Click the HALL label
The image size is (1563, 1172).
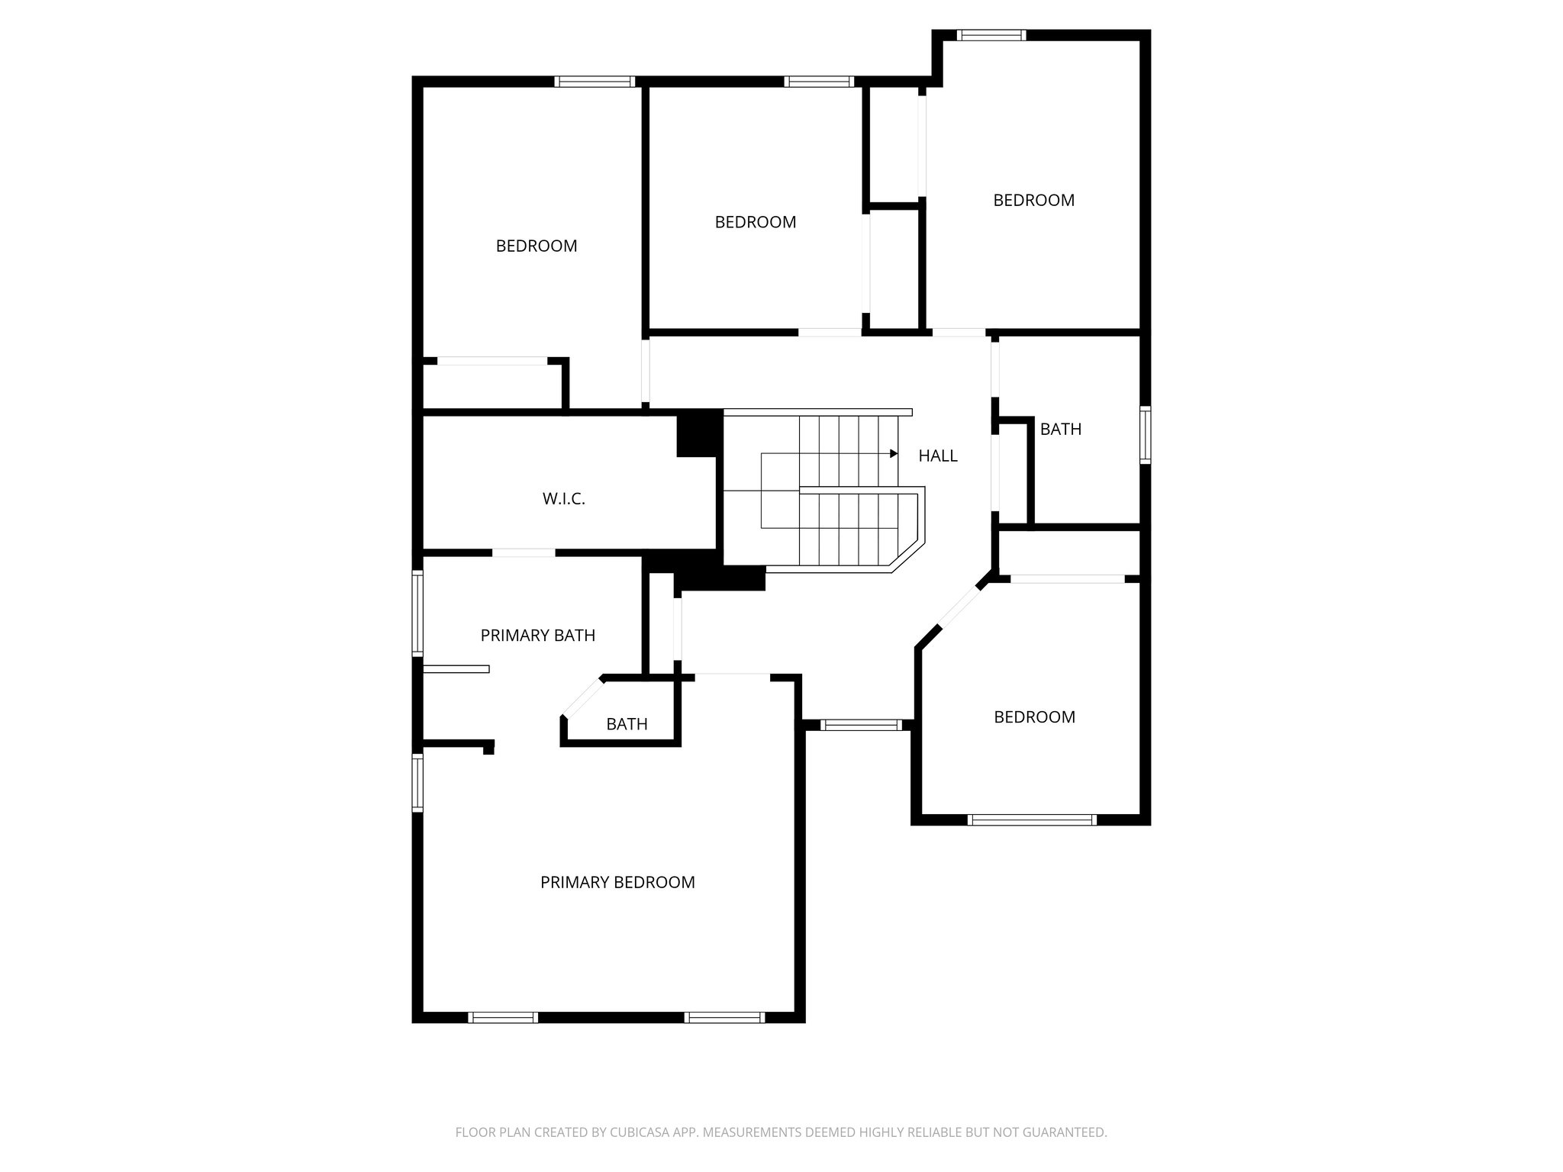[x=937, y=456]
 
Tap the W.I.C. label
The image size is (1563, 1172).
[x=563, y=499]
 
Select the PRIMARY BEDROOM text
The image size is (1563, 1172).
[x=617, y=883]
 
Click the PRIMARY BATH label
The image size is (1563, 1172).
[x=537, y=636]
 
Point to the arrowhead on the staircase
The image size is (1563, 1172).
[x=894, y=453]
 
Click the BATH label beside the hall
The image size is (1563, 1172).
[x=1060, y=430]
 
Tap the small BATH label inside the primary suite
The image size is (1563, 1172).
[x=627, y=724]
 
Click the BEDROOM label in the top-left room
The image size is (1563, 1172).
[x=537, y=246]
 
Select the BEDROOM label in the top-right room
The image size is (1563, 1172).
[x=1033, y=201]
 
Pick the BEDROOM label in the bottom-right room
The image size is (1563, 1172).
[x=1034, y=717]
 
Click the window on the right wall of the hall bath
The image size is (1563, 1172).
[x=1145, y=435]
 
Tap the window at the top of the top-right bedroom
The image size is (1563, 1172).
[x=991, y=35]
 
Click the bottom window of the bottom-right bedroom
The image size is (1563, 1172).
[x=1032, y=820]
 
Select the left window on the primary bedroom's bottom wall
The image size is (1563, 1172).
[x=502, y=1017]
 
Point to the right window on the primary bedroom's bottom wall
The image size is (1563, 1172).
[x=724, y=1017]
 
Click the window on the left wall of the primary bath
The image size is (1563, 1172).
[x=417, y=613]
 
